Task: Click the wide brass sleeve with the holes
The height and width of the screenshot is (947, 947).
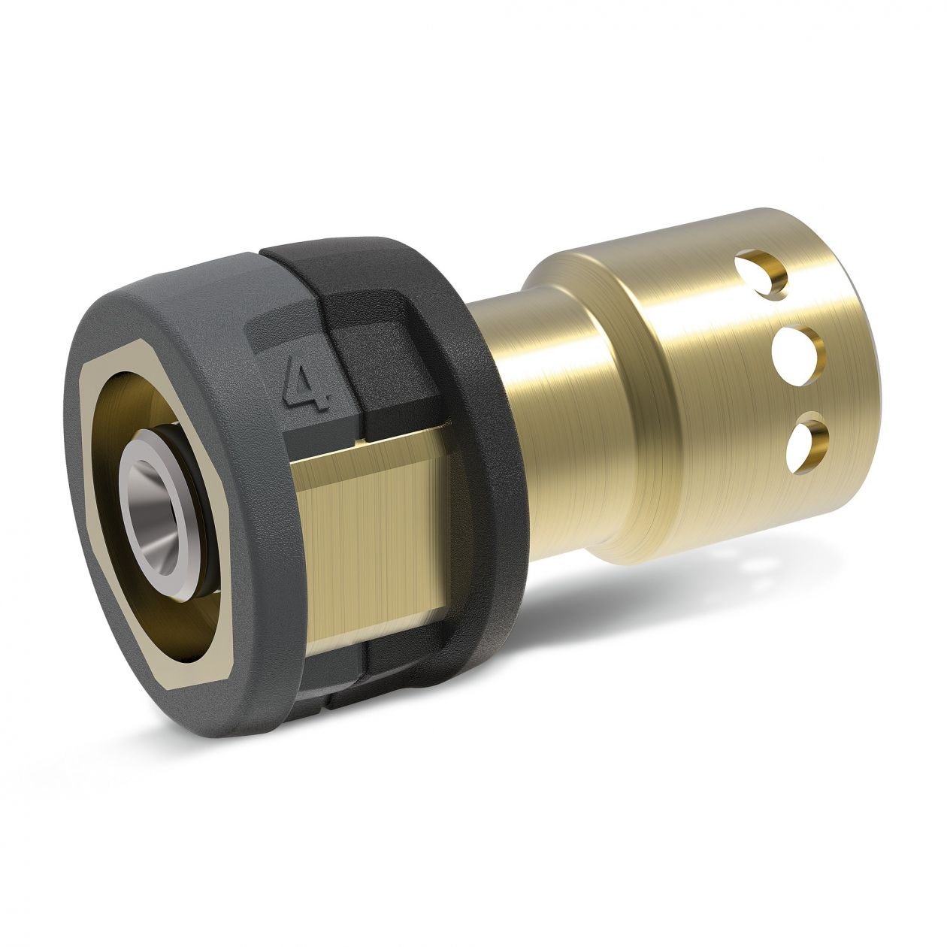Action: pos(676,376)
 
